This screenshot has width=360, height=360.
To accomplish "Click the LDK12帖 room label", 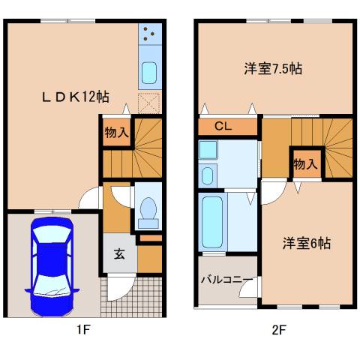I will (x=75, y=96).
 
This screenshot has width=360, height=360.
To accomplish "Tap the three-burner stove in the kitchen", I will (x=148, y=33).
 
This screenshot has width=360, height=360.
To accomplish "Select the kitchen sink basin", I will (x=148, y=73).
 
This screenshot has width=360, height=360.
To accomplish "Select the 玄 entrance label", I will (x=120, y=253).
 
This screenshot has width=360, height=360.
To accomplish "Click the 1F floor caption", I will (x=82, y=331).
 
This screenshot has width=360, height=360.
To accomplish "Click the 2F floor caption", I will (x=279, y=331).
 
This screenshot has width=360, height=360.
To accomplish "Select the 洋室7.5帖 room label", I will (x=273, y=69).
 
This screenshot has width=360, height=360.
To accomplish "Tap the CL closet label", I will (x=223, y=126).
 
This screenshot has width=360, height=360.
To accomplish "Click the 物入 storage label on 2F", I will (x=304, y=163).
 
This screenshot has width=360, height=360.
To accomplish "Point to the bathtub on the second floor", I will (x=213, y=222).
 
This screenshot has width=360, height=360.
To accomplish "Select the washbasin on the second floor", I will (x=208, y=175).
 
